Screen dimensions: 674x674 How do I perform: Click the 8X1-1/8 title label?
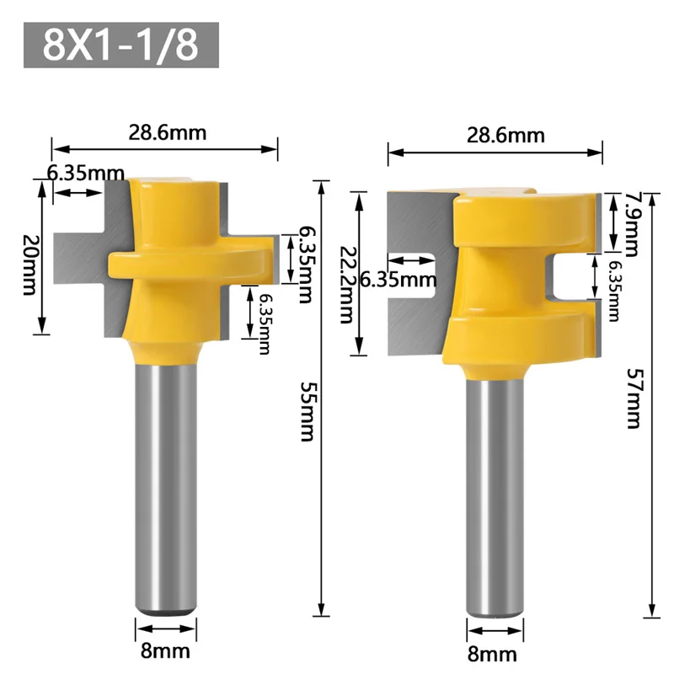pyautogui.click(x=120, y=45)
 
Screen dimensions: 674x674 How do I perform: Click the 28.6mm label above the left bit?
pyautogui.click(x=167, y=132)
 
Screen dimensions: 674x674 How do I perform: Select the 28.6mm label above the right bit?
pyautogui.click(x=505, y=136)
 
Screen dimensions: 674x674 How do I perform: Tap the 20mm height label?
pyautogui.click(x=29, y=265)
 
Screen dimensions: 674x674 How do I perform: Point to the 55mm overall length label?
pyautogui.click(x=307, y=412)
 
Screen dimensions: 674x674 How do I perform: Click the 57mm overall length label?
pyautogui.click(x=634, y=398)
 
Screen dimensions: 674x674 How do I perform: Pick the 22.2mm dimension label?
pyautogui.click(x=347, y=285)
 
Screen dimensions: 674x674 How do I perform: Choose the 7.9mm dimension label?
pyautogui.click(x=631, y=224)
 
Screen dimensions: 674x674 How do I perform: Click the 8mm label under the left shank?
pyautogui.click(x=165, y=651)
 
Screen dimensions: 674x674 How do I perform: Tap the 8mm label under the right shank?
pyautogui.click(x=492, y=655)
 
